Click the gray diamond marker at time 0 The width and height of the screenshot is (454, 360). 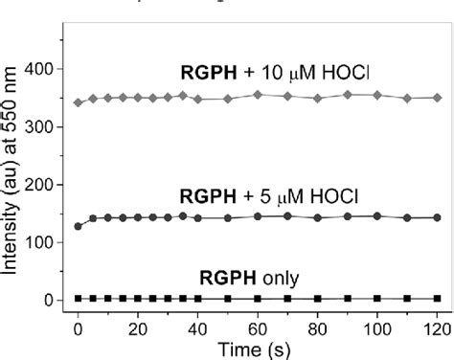(78, 102)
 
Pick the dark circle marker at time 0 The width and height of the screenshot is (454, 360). (78, 227)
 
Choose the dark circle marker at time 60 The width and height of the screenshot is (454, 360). (258, 216)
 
